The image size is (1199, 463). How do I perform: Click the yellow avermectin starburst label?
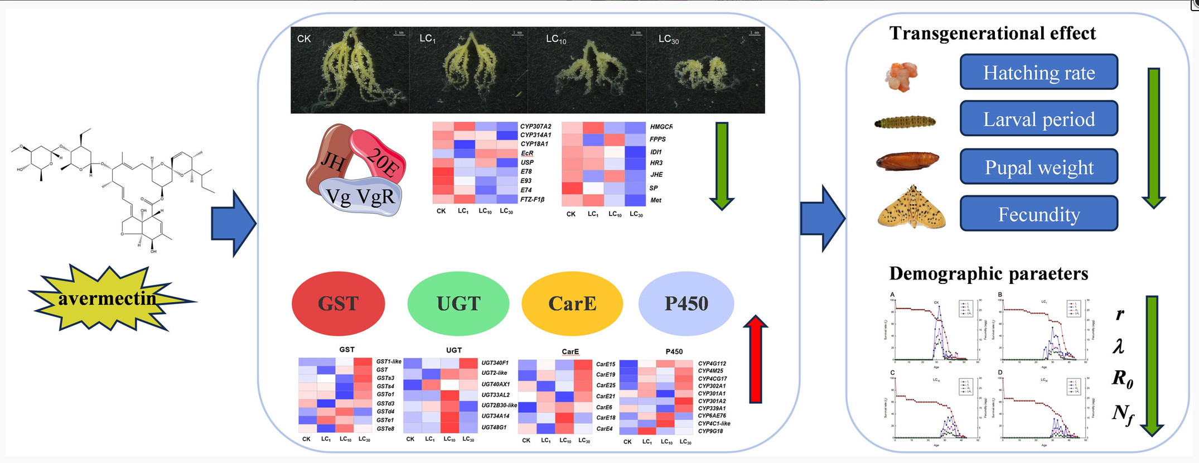tap(108, 299)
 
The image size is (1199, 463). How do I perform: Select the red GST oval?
tap(338, 303)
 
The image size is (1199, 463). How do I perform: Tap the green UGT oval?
tap(458, 303)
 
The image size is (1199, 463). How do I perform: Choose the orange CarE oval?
tap(572, 303)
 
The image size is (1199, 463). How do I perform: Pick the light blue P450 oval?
tap(686, 303)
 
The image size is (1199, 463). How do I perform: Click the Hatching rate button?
tap(1038, 73)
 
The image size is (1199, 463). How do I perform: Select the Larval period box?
tap(1038, 119)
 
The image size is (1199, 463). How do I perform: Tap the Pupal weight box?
tap(1038, 167)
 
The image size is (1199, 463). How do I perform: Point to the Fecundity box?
tap(1038, 214)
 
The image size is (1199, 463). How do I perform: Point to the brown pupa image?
tap(907, 161)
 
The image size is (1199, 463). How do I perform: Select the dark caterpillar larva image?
tap(905, 122)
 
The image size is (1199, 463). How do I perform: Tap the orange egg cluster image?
tap(901, 76)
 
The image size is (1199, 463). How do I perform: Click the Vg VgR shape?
tap(361, 196)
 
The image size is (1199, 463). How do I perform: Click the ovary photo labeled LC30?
tap(705, 70)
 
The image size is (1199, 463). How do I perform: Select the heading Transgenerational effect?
tap(992, 33)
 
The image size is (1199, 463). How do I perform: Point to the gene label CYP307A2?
tap(535, 127)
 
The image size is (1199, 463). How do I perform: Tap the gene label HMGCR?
tap(661, 127)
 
